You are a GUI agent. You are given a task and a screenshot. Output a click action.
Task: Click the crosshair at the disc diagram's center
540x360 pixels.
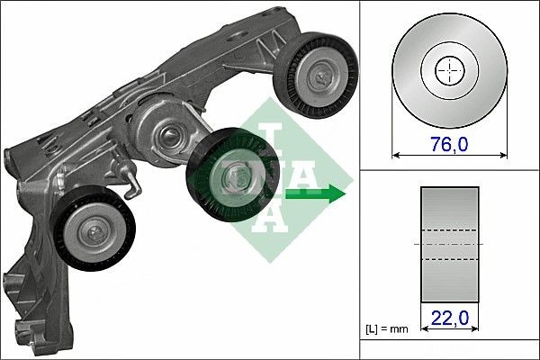point(449,69)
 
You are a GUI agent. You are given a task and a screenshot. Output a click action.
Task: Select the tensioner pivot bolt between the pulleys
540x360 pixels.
point(168,139)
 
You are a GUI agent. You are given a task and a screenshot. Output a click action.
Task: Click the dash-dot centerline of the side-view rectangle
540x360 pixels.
point(449,244)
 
